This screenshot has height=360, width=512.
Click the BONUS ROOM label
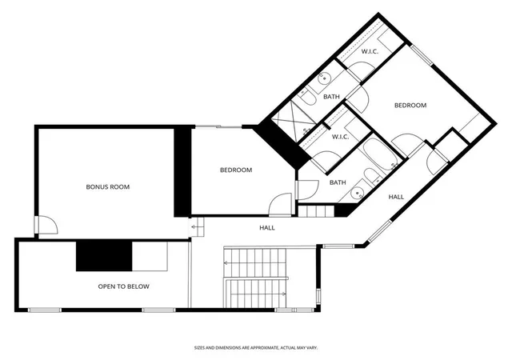click(108, 187)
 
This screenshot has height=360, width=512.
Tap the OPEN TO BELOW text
click(124, 286)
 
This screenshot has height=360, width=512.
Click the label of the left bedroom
click(236, 170)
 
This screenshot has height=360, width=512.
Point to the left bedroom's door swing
click(280, 205)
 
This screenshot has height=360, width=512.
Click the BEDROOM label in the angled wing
click(410, 105)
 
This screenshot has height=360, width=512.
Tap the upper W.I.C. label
click(370, 51)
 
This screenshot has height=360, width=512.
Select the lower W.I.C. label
click(341, 137)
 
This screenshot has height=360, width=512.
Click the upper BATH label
click(331, 97)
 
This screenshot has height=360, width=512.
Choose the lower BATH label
click(338, 182)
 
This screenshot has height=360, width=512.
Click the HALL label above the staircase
click(267, 228)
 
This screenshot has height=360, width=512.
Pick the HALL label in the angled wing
click(396, 197)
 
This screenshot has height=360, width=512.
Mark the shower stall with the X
click(292, 121)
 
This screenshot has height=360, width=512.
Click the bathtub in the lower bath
click(380, 154)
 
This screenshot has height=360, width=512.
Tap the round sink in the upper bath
click(324, 78)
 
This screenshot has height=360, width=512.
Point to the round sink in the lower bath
click(357, 193)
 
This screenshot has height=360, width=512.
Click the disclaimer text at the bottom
click(256, 348)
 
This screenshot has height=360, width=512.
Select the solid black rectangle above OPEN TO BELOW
click(104, 256)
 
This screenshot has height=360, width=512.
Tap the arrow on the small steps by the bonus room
click(195, 226)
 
